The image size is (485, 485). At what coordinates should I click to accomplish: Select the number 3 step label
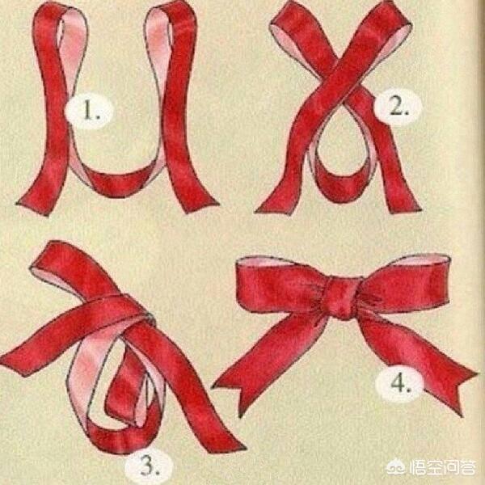point(150,465)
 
